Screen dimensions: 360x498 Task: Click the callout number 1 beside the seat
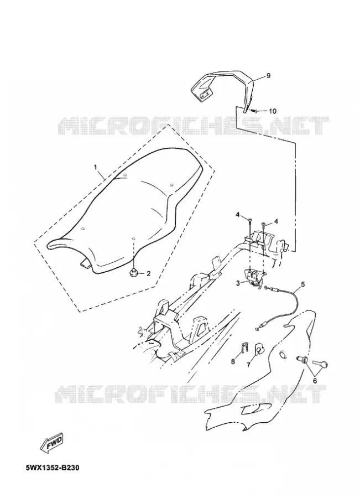(x=94, y=167)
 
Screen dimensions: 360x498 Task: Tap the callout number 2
(x=148, y=273)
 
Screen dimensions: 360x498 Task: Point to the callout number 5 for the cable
(x=302, y=284)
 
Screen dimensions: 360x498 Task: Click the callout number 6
(x=315, y=381)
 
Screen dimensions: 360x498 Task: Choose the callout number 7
(x=249, y=365)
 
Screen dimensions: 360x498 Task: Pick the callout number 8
(x=233, y=361)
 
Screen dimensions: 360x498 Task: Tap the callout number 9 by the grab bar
(x=268, y=76)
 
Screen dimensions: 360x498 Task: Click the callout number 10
(x=273, y=111)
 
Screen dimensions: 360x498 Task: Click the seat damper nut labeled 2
(x=133, y=272)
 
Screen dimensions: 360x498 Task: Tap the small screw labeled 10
(x=253, y=111)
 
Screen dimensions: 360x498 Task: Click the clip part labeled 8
(x=243, y=348)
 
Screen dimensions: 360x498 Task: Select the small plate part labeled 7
(x=259, y=349)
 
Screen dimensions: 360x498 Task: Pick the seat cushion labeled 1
(x=126, y=211)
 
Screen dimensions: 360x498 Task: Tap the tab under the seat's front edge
(x=85, y=263)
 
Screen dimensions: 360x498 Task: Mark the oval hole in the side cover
(x=282, y=355)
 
